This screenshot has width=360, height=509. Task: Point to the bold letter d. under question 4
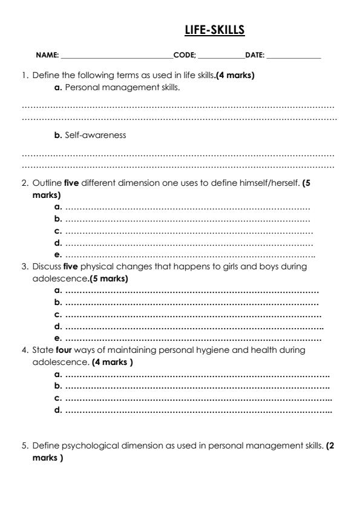click(58, 410)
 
